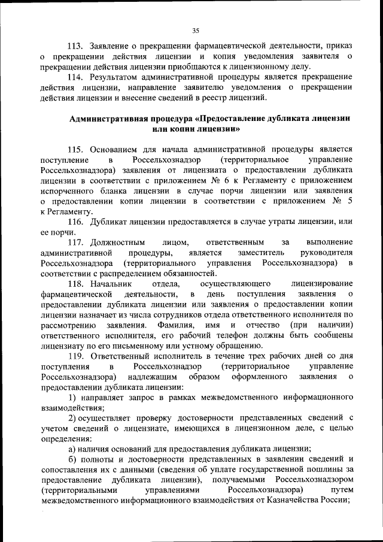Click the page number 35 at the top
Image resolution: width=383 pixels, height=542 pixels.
point(195,31)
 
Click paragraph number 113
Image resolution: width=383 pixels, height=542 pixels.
point(74,46)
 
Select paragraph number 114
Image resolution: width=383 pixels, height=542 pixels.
point(74,77)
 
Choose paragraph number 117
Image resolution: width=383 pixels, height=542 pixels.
point(74,243)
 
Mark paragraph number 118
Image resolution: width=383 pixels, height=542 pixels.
point(74,284)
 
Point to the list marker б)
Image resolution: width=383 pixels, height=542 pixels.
point(71,459)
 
